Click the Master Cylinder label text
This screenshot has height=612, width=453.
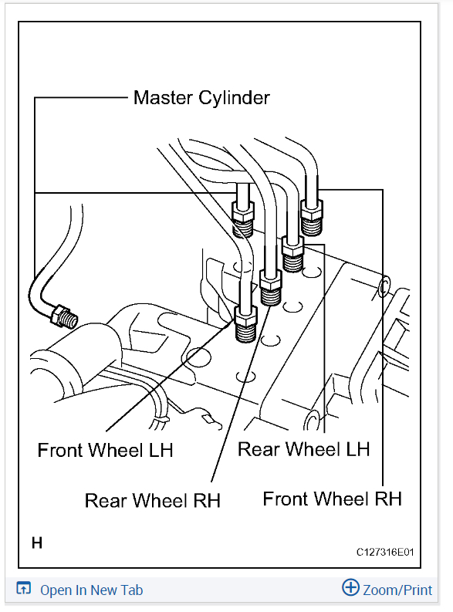201,98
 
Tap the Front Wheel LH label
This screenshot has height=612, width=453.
106,451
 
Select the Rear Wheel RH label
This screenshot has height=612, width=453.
152,500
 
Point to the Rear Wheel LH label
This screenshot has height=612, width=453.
303,449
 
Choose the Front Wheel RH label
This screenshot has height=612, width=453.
332,499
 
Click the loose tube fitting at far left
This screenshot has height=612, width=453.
59,314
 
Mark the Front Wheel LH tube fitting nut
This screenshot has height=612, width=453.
245,316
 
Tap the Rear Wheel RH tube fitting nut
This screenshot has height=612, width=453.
271,277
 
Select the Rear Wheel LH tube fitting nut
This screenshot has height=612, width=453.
293,247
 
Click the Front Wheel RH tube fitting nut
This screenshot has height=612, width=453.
311,207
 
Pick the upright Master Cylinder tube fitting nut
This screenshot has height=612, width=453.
242,209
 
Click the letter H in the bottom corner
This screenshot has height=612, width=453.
37,543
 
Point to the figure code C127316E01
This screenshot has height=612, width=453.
385,553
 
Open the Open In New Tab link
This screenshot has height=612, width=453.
91,590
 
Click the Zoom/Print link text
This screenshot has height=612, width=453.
398,590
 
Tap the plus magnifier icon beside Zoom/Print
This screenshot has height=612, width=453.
350,589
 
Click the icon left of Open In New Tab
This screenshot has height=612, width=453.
23,590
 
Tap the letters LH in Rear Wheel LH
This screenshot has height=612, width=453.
355,449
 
